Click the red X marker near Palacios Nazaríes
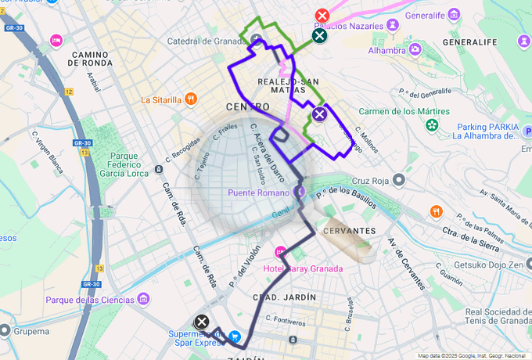322,16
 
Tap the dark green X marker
319,34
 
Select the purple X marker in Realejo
319,115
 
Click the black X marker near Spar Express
202,322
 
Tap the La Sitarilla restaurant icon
190,99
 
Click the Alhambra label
386,50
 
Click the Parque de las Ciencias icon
143,299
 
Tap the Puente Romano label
259,193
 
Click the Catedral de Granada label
206,41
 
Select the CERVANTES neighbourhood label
349,231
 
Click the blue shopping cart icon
234,337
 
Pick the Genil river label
279,211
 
